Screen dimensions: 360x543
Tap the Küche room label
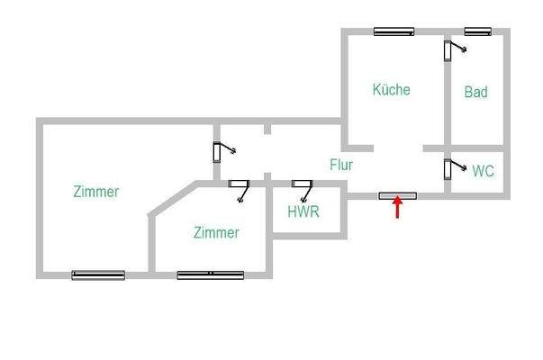coord(391,90)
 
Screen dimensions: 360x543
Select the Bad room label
coord(475,92)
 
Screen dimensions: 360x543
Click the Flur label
coord(340,166)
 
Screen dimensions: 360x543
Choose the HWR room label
coord(303,212)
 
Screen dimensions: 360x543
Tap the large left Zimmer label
coord(95,192)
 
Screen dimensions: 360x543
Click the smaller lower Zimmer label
coord(216,233)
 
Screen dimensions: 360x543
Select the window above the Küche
coord(394,31)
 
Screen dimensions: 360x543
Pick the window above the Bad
coord(476,31)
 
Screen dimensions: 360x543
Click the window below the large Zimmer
coord(98,274)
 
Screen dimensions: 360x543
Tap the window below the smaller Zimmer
coord(211,274)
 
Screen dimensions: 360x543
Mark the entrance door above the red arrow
coord(397,194)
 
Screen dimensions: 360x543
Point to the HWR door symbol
coord(302,186)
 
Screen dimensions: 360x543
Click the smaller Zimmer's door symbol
coord(240,187)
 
